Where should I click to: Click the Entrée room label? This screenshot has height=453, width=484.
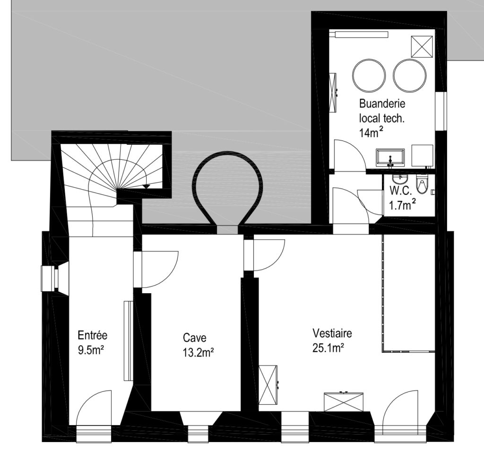click(93, 335)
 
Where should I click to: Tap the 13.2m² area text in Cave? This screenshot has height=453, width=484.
click(199, 352)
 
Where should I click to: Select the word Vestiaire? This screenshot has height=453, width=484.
click(332, 333)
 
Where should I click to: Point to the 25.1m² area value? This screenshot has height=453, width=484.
click(328, 348)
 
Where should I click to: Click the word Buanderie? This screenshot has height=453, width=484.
click(382, 104)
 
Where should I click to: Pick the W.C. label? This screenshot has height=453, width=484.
click(401, 191)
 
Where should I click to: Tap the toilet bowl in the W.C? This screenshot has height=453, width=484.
click(421, 184)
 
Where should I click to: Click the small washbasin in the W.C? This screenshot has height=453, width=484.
click(400, 179)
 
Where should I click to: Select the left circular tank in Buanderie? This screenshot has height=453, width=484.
click(369, 76)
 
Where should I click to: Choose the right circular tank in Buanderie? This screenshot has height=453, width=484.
click(410, 76)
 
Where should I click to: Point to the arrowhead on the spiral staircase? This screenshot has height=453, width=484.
click(147, 186)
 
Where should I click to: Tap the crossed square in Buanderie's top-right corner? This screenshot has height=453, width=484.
click(422, 46)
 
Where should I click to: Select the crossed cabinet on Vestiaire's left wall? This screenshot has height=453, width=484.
click(268, 385)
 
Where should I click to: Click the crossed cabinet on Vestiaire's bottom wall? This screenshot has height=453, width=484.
click(344, 401)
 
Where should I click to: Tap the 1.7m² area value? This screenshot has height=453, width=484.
click(403, 205)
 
